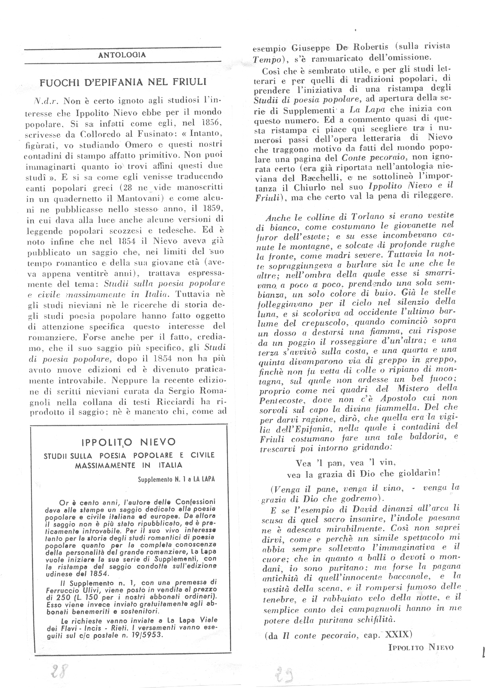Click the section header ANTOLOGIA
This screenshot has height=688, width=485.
(122, 55)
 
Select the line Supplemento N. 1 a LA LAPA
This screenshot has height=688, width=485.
(176, 480)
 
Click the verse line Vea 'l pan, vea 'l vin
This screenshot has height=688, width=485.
(345, 463)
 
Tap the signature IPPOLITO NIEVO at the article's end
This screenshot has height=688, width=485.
(420, 647)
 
